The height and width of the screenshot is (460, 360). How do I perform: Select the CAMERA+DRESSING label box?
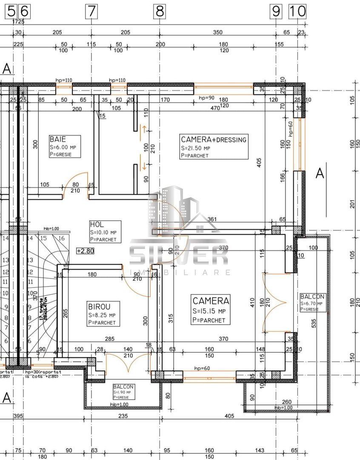[214, 147]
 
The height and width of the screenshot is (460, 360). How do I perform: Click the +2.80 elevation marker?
[85, 251]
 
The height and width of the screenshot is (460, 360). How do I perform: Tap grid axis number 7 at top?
[91, 11]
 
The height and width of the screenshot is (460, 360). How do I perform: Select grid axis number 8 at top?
[160, 11]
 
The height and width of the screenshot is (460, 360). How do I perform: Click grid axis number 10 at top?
[297, 11]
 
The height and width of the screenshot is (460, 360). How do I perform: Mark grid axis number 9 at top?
[276, 11]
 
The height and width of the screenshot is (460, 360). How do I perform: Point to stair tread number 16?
[62, 238]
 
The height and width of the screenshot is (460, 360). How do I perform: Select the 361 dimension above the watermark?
[212, 219]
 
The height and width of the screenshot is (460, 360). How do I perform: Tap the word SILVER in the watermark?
[179, 255]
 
